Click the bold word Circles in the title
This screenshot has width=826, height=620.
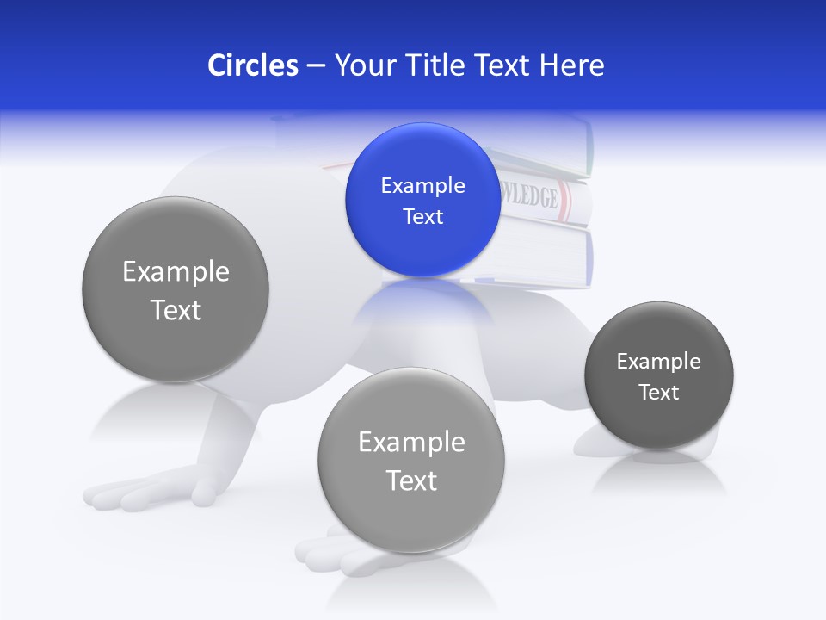[252, 65]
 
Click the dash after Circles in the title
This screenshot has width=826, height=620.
[316, 66]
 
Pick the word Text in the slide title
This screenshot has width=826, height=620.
[503, 65]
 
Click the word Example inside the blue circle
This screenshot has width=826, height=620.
[422, 185]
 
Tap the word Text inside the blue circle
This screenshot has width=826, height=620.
[422, 216]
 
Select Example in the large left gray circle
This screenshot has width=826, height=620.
[176, 271]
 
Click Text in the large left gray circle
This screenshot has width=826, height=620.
[176, 310]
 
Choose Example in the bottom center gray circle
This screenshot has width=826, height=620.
[411, 442]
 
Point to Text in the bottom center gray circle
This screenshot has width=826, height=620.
[411, 480]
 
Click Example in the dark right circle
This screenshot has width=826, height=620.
[658, 361]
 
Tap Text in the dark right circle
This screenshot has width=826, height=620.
[658, 392]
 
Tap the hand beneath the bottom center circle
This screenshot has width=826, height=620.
[336, 551]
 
